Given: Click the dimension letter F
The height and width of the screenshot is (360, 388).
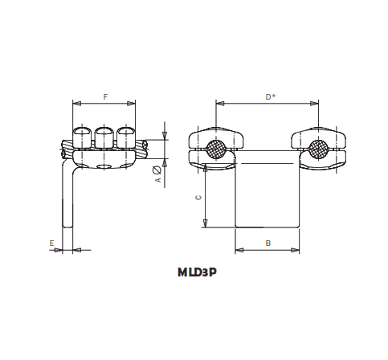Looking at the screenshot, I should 105,97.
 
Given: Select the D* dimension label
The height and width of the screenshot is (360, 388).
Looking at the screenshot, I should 271,97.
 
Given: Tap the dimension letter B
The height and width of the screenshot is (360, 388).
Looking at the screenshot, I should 268,243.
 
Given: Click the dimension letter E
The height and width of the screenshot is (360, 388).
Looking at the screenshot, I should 51,243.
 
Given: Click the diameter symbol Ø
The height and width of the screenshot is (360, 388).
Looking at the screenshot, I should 158,169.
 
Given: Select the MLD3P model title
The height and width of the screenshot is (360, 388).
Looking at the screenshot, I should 197,272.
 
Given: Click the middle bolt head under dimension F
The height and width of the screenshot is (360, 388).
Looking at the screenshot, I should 104,133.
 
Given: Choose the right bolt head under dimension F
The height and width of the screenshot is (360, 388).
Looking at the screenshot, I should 125,133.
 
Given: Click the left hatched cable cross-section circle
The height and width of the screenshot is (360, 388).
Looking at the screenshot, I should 215,149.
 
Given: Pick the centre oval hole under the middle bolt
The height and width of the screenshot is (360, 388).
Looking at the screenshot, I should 104,166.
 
